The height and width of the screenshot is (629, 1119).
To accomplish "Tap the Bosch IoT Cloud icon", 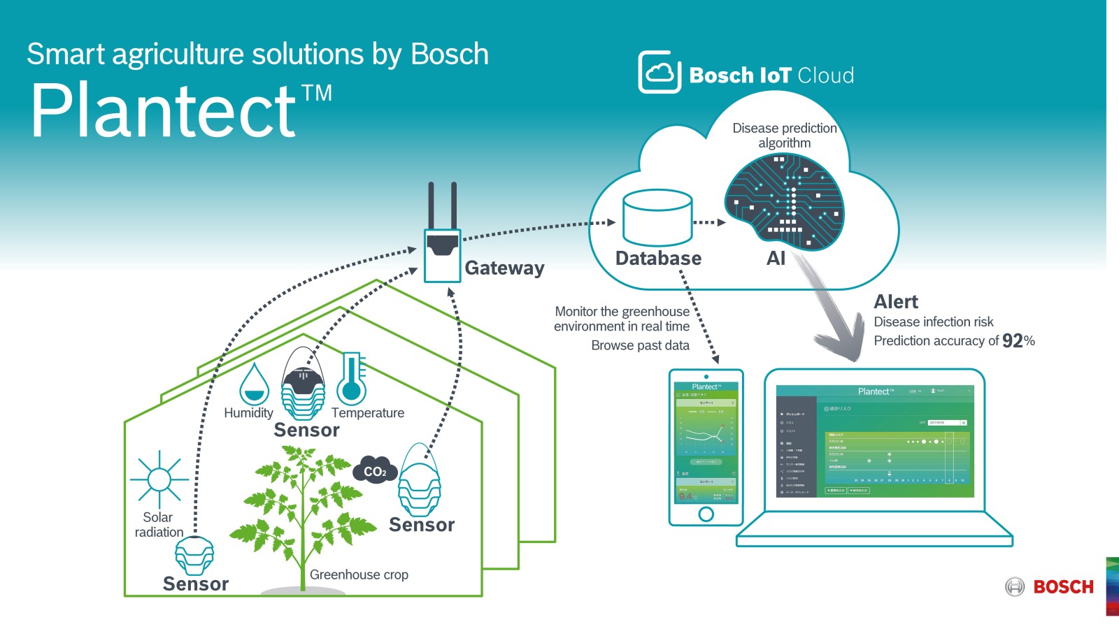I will coord(660,72).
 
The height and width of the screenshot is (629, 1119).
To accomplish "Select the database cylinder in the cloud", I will coord(657,217).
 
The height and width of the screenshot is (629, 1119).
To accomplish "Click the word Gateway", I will coord(504,268).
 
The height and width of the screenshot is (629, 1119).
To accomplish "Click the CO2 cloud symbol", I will coord(375,471).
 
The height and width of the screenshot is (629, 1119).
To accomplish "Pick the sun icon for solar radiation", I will coord(159,479).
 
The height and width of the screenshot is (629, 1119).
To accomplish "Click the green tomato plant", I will coord(302,513).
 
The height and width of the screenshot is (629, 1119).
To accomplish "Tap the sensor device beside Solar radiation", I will coord(194,556).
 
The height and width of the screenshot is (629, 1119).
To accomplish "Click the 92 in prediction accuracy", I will coord(1012,341).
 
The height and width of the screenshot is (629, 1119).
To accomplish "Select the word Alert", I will coord(896,302).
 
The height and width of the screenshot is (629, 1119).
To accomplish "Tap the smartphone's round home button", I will coord(706,514).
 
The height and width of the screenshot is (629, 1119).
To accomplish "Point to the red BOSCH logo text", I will coord(1063,587).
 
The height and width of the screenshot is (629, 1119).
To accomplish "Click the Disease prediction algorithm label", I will coord(784,136).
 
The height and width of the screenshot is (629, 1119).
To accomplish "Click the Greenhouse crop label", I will coord(359,574).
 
